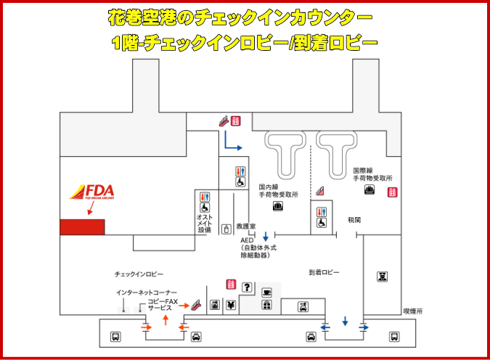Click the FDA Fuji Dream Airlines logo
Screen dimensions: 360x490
(x=92, y=192)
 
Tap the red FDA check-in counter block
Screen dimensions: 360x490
(x=82, y=226)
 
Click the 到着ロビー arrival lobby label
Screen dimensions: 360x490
(x=324, y=272)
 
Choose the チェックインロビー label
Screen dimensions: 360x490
(x=139, y=274)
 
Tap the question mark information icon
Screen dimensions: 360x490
(x=246, y=288)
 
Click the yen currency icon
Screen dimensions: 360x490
(x=231, y=305)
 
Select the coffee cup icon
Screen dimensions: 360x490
(x=266, y=292)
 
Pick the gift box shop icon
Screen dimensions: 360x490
(x=266, y=305)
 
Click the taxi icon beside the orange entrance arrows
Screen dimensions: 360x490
(x=195, y=337)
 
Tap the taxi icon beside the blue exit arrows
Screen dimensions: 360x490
(x=310, y=337)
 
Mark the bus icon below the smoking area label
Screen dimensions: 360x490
(x=393, y=337)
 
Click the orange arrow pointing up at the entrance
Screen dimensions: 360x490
(x=166, y=319)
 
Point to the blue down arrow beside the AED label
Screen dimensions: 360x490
(x=266, y=236)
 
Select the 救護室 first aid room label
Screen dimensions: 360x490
(x=247, y=226)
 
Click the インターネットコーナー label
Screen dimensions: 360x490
(x=146, y=292)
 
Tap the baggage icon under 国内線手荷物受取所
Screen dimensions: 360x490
(x=277, y=207)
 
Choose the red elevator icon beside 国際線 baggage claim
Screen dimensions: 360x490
(x=393, y=192)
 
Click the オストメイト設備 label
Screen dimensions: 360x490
(x=204, y=222)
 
